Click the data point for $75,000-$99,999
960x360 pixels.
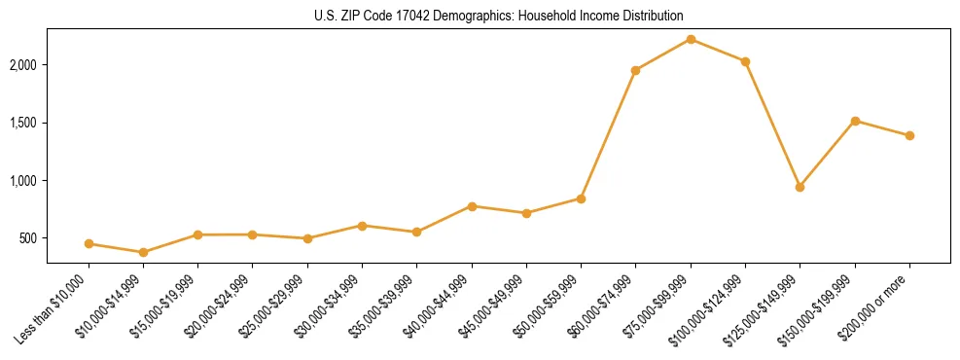(x=691, y=39)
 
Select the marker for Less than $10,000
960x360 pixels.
(x=89, y=243)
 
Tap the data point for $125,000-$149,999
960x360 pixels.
(x=800, y=187)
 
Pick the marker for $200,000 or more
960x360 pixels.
(x=909, y=135)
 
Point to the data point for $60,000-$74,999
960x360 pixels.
(x=635, y=70)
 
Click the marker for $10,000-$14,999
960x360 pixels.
(x=143, y=252)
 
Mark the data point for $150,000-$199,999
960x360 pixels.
(x=855, y=121)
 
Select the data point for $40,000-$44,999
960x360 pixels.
(x=472, y=206)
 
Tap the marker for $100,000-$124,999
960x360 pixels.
(x=745, y=61)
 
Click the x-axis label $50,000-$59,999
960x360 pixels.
(x=550, y=306)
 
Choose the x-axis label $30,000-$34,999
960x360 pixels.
(x=331, y=306)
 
